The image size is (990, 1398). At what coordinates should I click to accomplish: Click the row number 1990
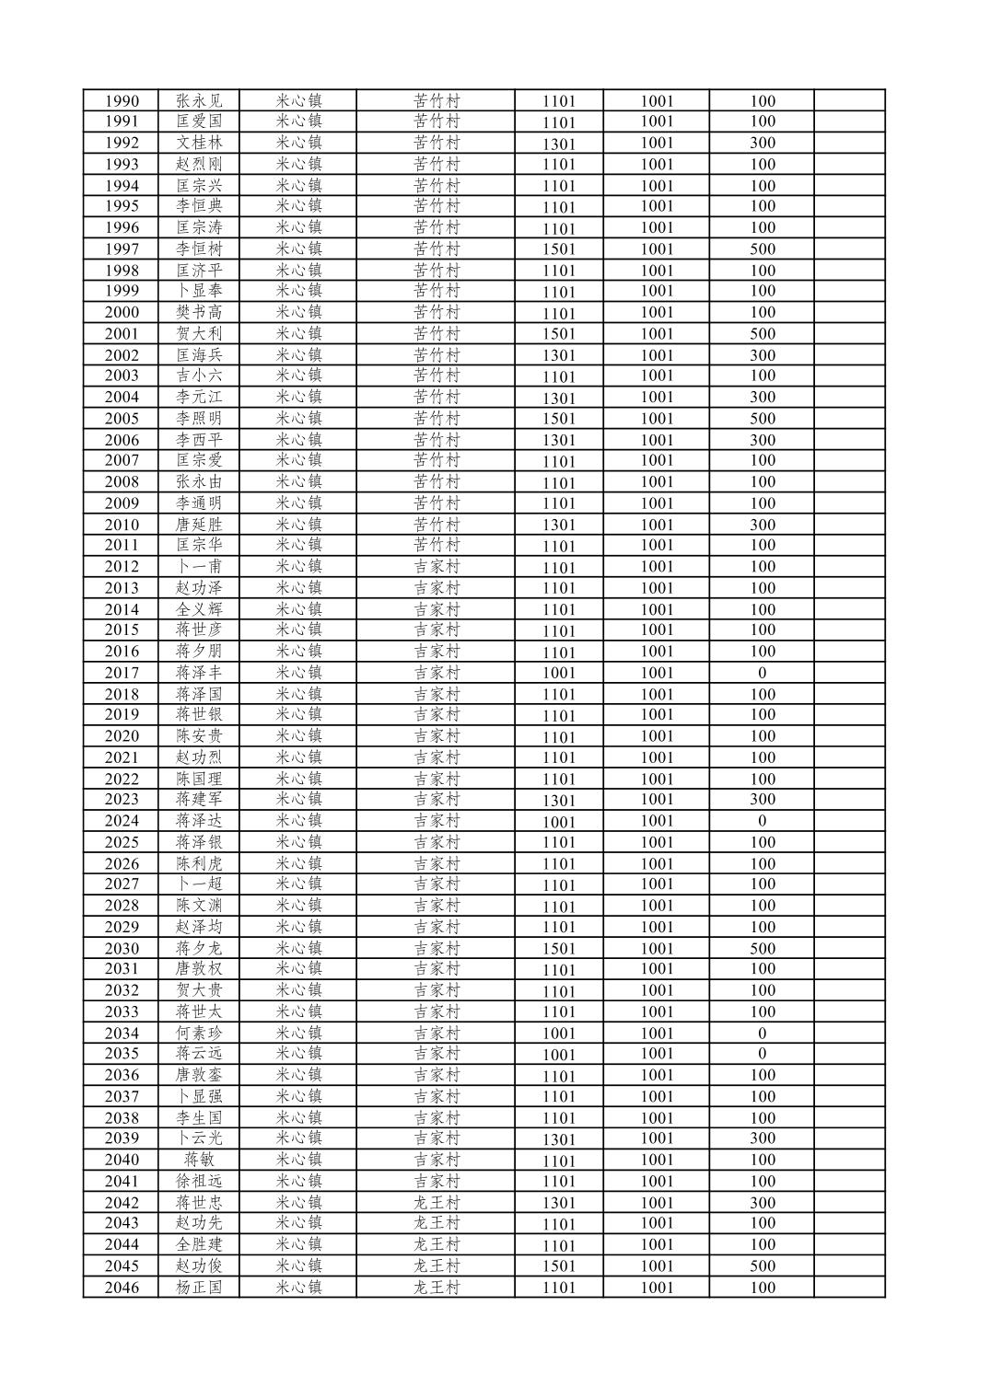tap(122, 101)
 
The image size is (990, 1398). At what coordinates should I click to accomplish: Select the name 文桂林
tap(199, 143)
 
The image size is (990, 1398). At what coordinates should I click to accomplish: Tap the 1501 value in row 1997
tap(558, 249)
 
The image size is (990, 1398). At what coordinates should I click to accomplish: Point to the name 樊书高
tap(199, 312)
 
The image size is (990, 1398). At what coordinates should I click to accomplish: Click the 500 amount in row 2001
tap(763, 334)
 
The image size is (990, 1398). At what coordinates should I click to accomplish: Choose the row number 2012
tap(122, 567)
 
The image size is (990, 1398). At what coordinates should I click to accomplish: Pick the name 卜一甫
tap(199, 567)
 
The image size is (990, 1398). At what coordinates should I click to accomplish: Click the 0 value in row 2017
tap(762, 673)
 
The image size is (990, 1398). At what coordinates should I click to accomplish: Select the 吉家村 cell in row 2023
tap(437, 799)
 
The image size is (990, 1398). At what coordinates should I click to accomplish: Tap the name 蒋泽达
tap(199, 821)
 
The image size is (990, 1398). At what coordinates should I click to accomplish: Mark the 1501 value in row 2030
tap(558, 949)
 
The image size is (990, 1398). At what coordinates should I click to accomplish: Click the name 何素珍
tap(199, 1034)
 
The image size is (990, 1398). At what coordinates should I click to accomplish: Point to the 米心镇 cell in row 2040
tap(298, 1160)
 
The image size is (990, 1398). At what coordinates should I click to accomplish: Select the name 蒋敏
tap(199, 1160)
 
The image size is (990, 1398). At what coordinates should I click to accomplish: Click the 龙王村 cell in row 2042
tap(437, 1203)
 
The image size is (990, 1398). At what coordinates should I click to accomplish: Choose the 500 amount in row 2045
tap(763, 1266)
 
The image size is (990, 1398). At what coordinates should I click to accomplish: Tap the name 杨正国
tap(199, 1288)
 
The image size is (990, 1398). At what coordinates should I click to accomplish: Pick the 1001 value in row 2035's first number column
tap(558, 1055)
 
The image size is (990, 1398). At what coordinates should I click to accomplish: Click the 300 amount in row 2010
tap(763, 525)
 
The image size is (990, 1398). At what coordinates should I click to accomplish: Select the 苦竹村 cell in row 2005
tap(437, 419)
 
